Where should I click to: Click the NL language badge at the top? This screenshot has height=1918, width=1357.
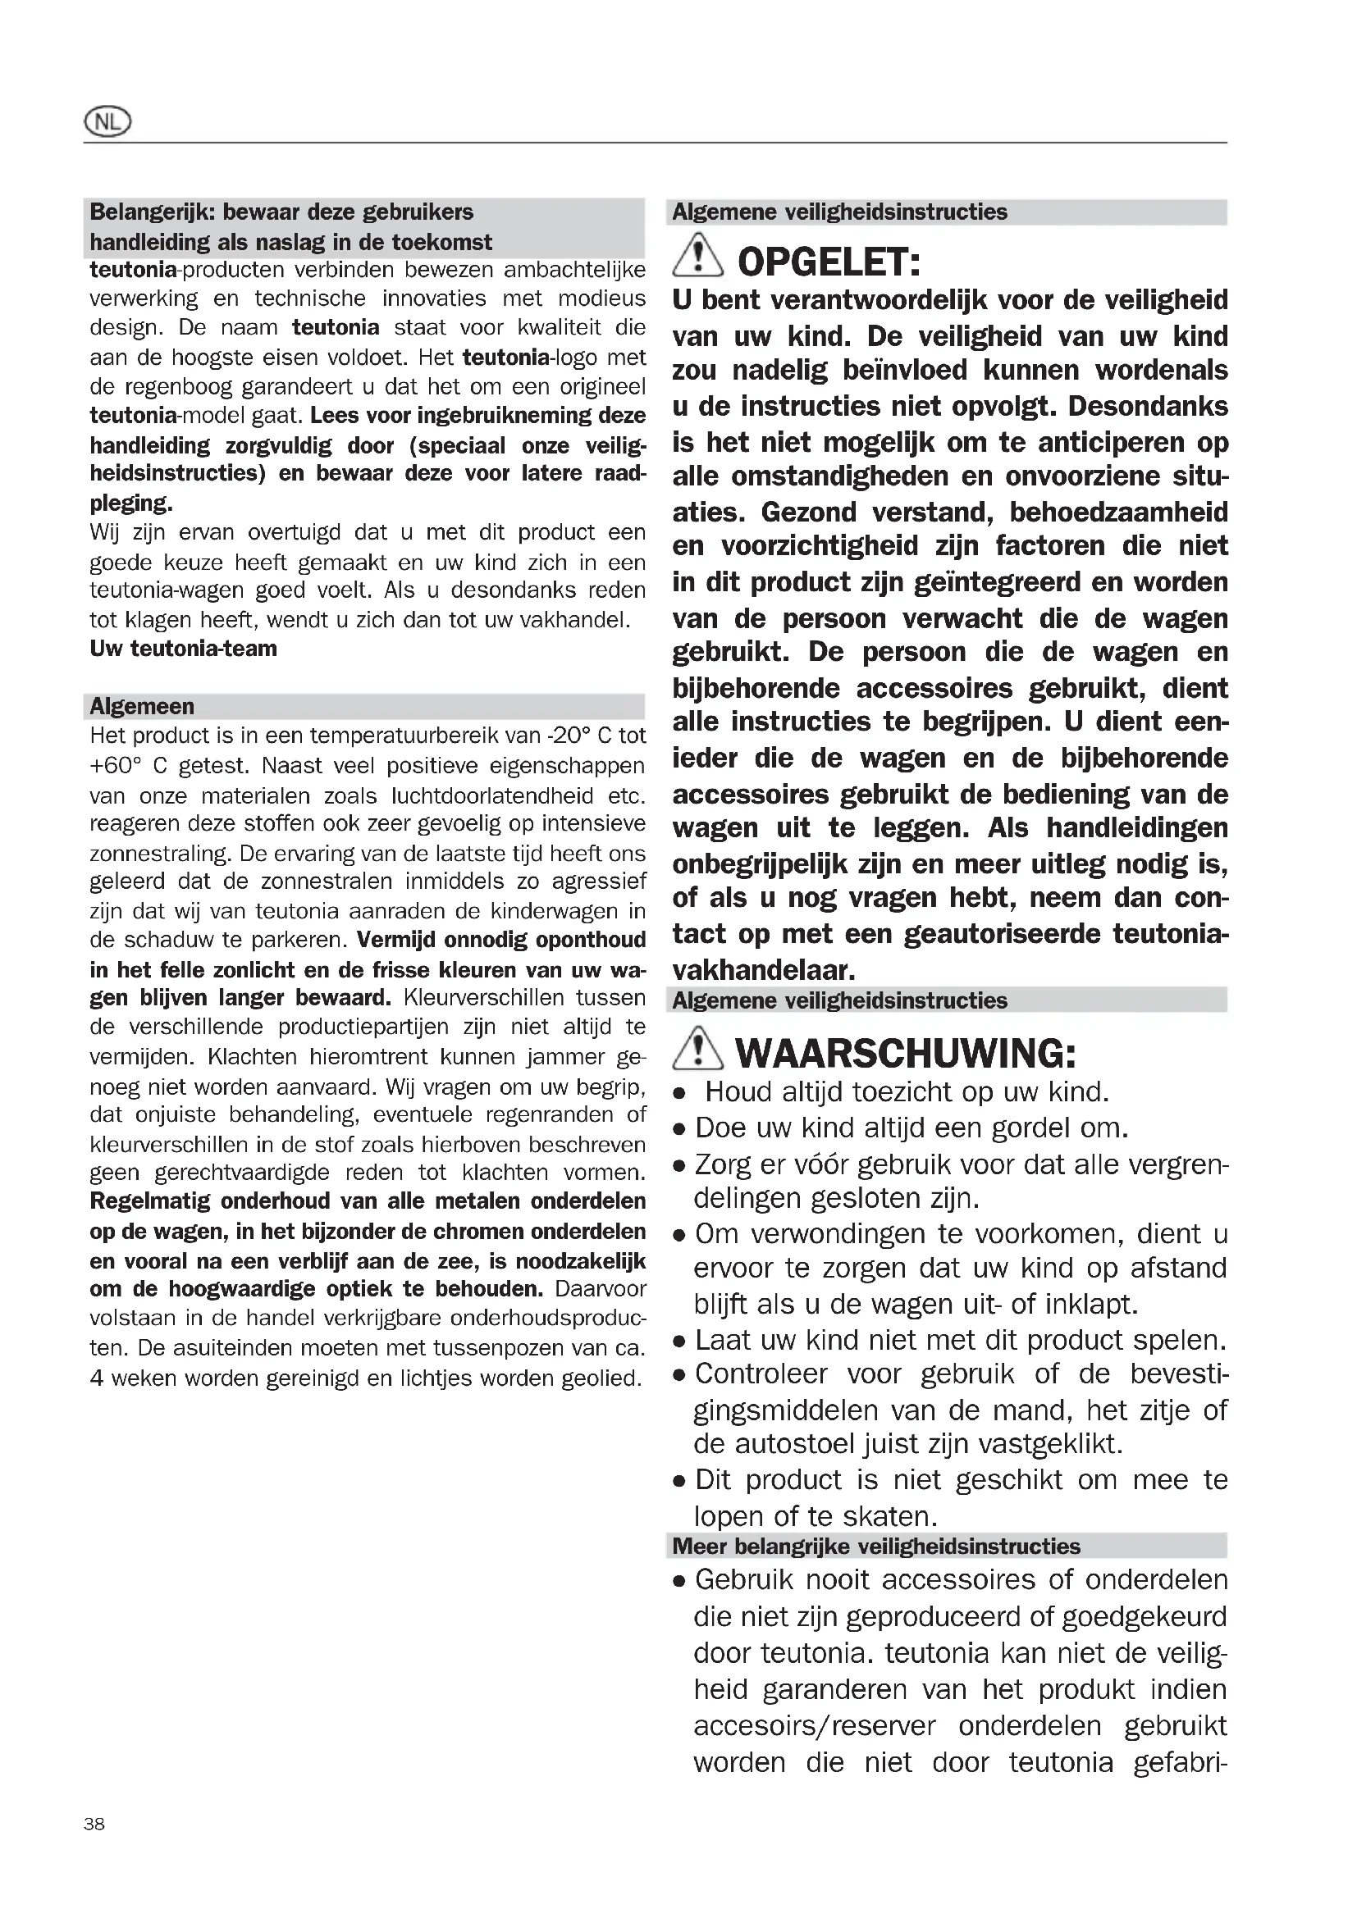107,123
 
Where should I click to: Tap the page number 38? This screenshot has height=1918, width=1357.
94,1824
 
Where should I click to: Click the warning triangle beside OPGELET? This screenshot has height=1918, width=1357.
697,257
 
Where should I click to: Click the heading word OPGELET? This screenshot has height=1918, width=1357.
829,262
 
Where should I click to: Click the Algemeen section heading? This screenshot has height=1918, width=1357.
142,707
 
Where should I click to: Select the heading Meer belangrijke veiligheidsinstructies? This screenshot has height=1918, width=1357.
875,1547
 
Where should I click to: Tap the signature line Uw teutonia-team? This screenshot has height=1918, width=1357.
183,649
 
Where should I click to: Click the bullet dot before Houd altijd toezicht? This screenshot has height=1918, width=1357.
680,1095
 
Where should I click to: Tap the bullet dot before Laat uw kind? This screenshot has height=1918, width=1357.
680,1342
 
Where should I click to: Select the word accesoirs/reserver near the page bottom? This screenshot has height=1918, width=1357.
814,1726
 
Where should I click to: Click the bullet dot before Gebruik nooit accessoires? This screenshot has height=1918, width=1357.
680,1582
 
